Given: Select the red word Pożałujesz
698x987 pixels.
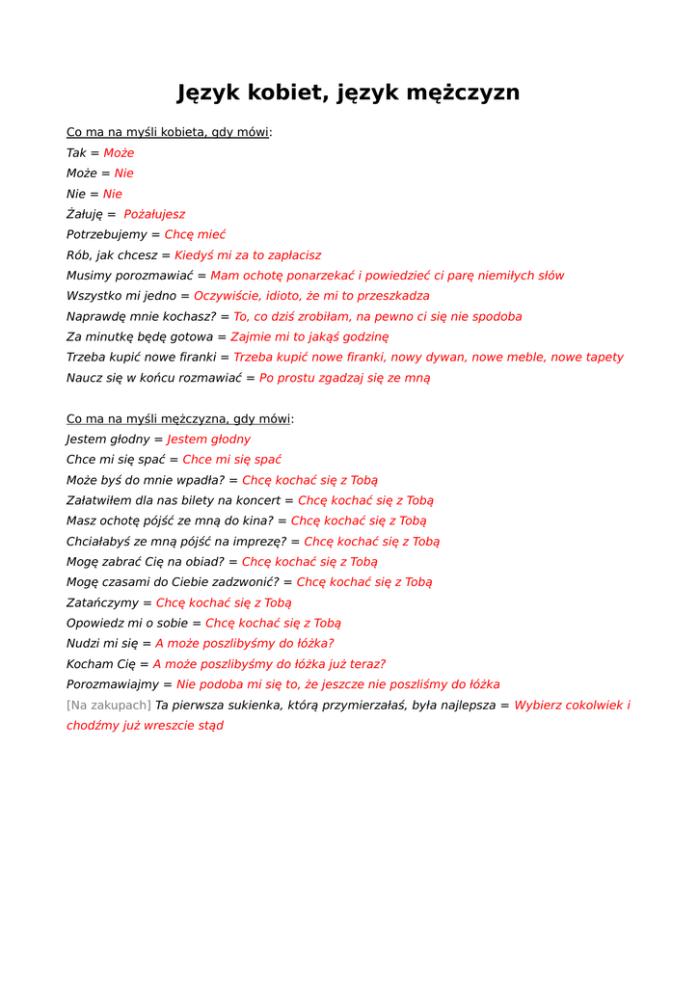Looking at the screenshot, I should (154, 214).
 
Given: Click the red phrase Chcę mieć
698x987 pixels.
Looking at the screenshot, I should (195, 234).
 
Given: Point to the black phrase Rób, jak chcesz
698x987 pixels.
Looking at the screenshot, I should (111, 255).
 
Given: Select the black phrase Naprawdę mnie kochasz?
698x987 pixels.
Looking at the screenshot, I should (141, 316).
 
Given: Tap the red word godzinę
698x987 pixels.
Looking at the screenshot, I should (362, 336).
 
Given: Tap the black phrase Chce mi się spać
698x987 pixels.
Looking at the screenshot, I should (116, 460).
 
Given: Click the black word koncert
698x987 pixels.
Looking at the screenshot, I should (257, 500).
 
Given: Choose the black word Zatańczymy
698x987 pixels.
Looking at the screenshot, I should (102, 602).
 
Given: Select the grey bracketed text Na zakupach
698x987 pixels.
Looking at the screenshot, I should (108, 705).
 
